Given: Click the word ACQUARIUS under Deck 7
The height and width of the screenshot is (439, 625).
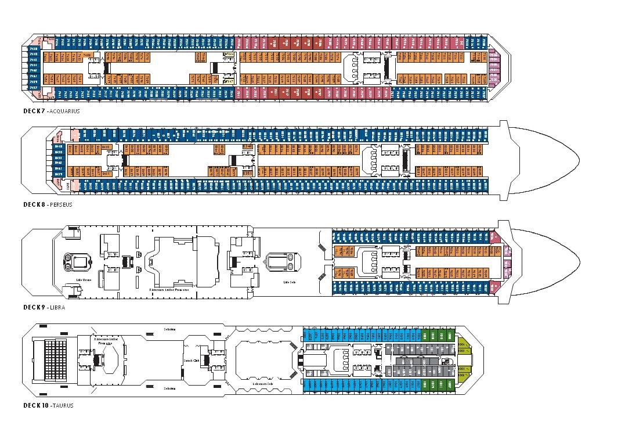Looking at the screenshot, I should tap(65, 111).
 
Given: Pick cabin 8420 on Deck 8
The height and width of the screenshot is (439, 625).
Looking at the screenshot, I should tap(106, 147).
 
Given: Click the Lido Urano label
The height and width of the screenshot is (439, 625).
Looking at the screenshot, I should tap(84, 280).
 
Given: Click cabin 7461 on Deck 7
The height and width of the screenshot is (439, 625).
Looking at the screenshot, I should tap(33, 76).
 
